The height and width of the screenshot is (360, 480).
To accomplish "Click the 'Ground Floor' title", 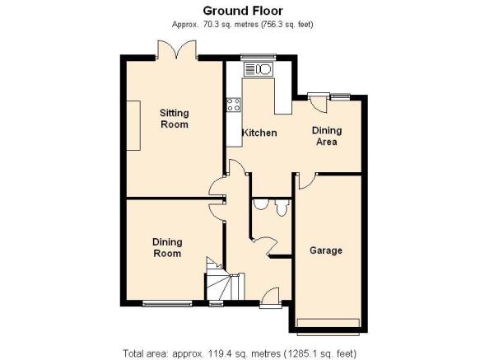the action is [x=243, y=11].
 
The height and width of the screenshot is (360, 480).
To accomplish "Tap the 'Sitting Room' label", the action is [x=175, y=119].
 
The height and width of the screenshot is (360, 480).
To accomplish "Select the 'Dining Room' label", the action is [x=167, y=248].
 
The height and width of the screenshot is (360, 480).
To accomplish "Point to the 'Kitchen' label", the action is [x=259, y=133].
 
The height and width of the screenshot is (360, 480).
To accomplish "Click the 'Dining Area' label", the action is [x=327, y=136].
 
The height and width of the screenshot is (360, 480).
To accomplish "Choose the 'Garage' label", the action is [x=326, y=250].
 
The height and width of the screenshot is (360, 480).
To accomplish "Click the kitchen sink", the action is [x=258, y=69].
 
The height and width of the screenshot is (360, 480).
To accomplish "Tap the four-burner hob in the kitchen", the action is [x=234, y=105].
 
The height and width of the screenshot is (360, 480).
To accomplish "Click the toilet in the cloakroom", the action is [x=282, y=207].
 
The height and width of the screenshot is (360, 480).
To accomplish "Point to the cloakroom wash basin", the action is [x=261, y=204].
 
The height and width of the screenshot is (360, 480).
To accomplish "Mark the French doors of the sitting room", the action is [x=177, y=49].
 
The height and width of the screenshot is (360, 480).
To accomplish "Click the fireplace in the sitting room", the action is [x=133, y=125].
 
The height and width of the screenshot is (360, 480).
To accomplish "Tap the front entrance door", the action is [x=271, y=298].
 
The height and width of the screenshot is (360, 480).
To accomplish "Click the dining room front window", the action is [x=167, y=304].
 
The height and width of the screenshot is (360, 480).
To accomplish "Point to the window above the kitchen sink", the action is [x=259, y=57].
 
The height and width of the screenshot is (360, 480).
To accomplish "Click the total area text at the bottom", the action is [x=240, y=353].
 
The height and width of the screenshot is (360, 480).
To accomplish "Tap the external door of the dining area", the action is [x=319, y=103].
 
